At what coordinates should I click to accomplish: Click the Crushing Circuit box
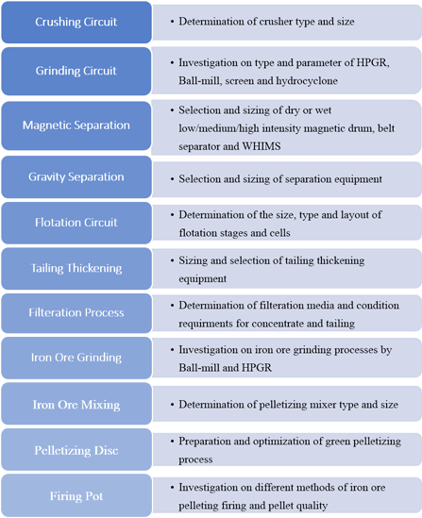pyautogui.click(x=76, y=22)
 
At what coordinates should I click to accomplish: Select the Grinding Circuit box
pyautogui.click(x=76, y=71)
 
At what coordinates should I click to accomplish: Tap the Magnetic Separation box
pyautogui.click(x=76, y=125)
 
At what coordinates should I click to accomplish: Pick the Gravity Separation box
pyautogui.click(x=76, y=177)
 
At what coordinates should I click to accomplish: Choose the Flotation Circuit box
pyautogui.click(x=76, y=223)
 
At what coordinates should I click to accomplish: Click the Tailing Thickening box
pyautogui.click(x=76, y=268)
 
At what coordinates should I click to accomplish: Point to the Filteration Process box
pyautogui.click(x=76, y=313)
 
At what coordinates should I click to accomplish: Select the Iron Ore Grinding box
pyautogui.click(x=76, y=358)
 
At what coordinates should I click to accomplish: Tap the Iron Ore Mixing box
pyautogui.click(x=76, y=404)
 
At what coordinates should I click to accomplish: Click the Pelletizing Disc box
pyautogui.click(x=76, y=449)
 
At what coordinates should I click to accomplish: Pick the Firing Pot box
pyautogui.click(x=76, y=494)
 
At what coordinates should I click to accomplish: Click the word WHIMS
pyautogui.click(x=262, y=146)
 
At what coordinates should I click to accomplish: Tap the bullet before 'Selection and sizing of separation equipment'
pyautogui.click(x=172, y=179)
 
